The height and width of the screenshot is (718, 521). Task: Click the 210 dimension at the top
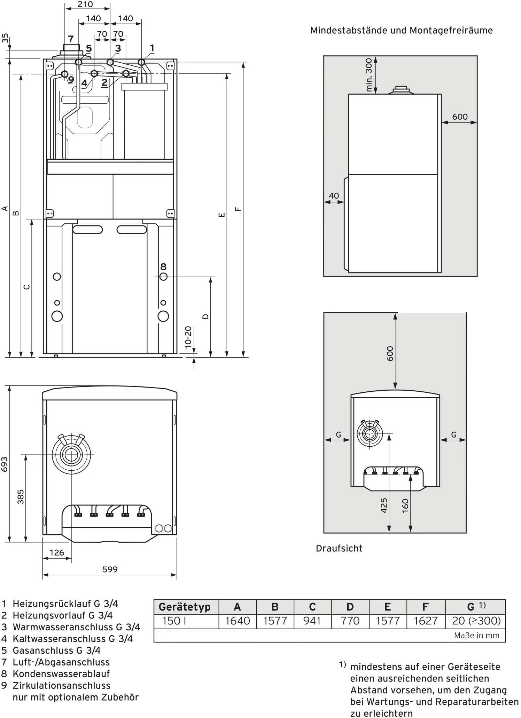click(85, 5)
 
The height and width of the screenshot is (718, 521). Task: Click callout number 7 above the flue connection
click(71, 39)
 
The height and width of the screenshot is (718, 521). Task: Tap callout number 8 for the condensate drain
click(163, 267)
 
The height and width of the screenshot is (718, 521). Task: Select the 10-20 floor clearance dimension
click(188, 337)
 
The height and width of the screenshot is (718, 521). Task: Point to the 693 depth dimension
click(5, 464)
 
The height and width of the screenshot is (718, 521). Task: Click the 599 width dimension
click(110, 569)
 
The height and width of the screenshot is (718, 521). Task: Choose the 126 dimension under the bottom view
click(57, 552)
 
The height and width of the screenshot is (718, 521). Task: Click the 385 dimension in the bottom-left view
click(21, 497)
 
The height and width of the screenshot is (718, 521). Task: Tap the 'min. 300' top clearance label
click(369, 75)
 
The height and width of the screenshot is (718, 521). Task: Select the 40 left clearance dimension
click(334, 196)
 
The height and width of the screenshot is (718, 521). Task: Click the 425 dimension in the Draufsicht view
click(384, 505)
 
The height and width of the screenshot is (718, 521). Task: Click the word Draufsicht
click(339, 549)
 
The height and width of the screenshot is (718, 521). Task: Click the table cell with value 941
click(312, 621)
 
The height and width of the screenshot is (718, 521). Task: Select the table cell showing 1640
click(237, 621)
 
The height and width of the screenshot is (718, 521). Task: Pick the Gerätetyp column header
click(185, 607)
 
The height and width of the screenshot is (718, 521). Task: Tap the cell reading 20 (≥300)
click(476, 621)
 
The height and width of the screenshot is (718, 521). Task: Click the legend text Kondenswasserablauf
click(61, 674)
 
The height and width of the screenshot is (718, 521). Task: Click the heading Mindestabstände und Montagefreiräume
click(401, 31)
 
